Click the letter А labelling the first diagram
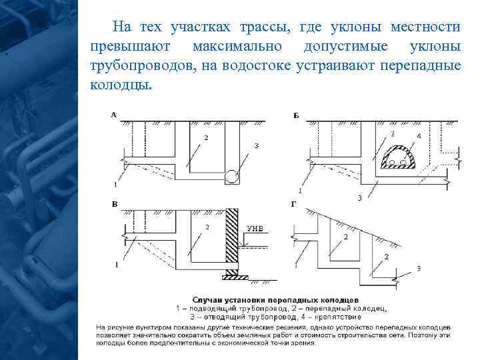pyautogui.click(x=113, y=115)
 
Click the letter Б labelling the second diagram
pyautogui.click(x=296, y=115)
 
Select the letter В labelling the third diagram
pyautogui.click(x=115, y=203)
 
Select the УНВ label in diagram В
pyautogui.click(x=256, y=229)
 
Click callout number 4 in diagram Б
pyautogui.click(x=419, y=137)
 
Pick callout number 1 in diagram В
pyautogui.click(x=116, y=264)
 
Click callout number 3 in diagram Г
pyautogui.click(x=418, y=267)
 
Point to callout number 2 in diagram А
pyautogui.click(x=206, y=137)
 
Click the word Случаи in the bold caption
pyautogui.click(x=208, y=301)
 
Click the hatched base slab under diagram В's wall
pyautogui.click(x=236, y=275)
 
